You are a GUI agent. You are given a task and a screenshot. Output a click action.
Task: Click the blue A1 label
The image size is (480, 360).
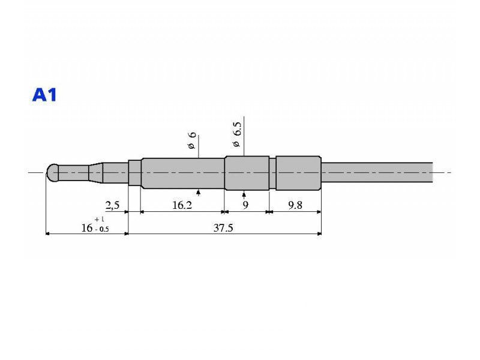[x=44, y=95]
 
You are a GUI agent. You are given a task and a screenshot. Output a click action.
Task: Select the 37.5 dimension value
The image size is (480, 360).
[x=223, y=228]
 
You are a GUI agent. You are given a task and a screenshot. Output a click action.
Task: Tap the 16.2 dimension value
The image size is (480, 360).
[x=182, y=205]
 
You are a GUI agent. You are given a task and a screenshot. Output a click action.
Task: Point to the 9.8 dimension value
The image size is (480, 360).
[x=295, y=205]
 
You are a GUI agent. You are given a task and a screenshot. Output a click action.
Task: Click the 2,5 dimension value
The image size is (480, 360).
[x=112, y=205]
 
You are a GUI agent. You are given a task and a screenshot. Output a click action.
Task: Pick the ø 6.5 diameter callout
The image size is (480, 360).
[x=237, y=134]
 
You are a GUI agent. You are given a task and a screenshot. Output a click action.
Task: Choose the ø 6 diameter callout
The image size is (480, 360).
[x=191, y=140]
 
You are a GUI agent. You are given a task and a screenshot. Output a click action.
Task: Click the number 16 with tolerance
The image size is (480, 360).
[x=87, y=228]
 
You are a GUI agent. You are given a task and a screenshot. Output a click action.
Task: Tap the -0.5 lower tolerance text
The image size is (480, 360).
[x=101, y=229]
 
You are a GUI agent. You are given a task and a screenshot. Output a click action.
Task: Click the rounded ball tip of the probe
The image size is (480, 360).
[x=52, y=173]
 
